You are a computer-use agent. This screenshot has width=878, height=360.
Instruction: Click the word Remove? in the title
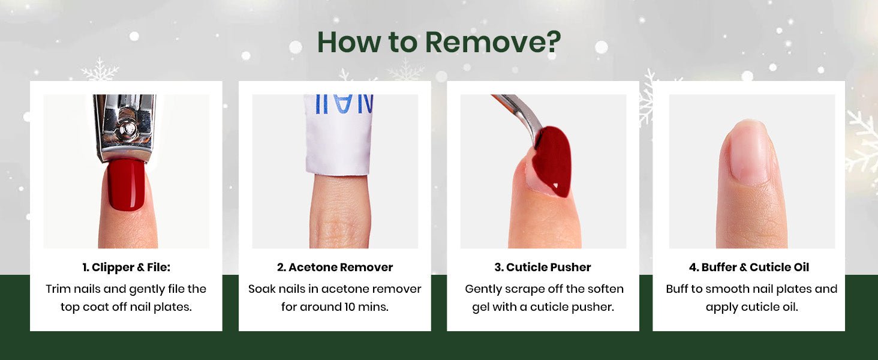(493, 42)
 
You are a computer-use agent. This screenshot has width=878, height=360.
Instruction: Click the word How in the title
(349, 42)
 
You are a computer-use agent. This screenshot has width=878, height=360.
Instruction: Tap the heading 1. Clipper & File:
(126, 268)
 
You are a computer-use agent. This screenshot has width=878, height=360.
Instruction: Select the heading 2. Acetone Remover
(335, 268)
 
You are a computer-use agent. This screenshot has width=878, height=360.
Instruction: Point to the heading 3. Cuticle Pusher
(543, 268)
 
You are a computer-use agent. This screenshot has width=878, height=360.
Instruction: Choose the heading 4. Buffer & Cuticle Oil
(749, 268)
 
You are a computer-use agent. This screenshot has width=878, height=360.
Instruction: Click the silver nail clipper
(125, 127)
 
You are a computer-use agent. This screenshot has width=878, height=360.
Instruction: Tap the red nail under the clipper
(126, 185)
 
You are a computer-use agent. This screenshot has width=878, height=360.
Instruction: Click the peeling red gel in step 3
(552, 161)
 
